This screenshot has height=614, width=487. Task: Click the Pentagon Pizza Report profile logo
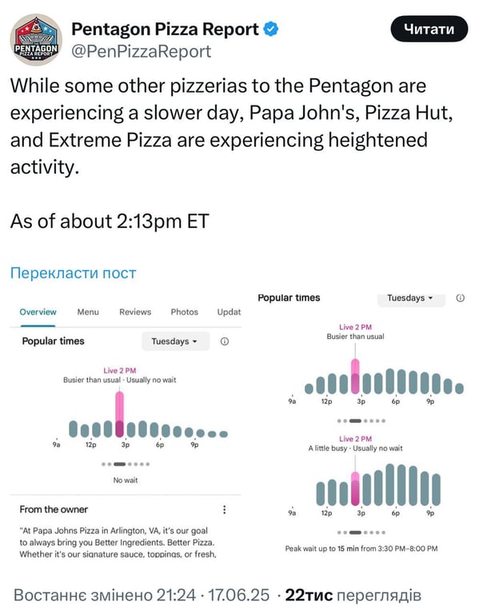[36, 40]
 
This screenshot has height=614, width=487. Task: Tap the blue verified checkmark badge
[272, 30]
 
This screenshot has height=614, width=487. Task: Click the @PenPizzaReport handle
[142, 52]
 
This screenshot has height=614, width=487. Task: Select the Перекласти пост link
[73, 273]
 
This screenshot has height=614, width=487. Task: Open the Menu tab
[88, 312]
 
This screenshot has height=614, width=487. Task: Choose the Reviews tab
[135, 312]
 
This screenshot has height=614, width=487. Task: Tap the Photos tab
[184, 312]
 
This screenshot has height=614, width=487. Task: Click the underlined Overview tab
[38, 312]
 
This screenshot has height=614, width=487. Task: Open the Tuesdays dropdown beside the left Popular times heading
[175, 341]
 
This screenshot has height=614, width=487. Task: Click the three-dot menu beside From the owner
[225, 509]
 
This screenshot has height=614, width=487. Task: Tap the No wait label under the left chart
[126, 480]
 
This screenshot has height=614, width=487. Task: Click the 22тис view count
[309, 595]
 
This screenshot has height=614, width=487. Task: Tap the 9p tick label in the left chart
[194, 445]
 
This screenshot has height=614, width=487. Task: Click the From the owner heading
[54, 509]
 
